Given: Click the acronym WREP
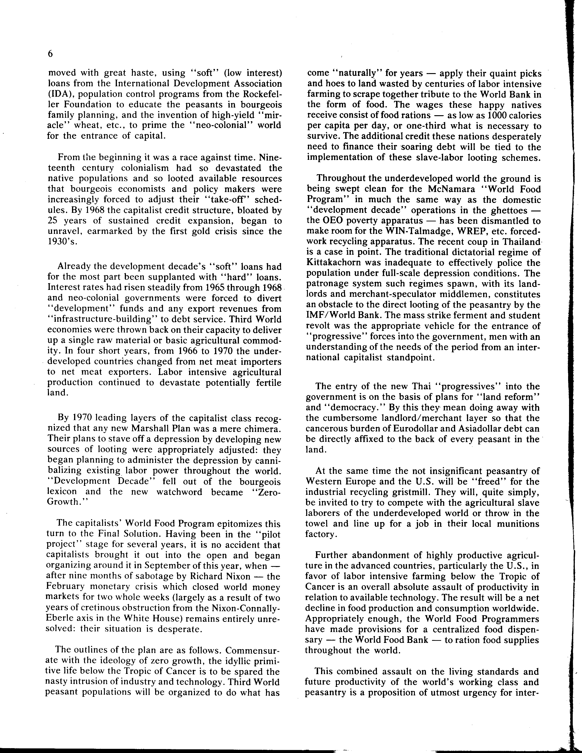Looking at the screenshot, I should [440, 231].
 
